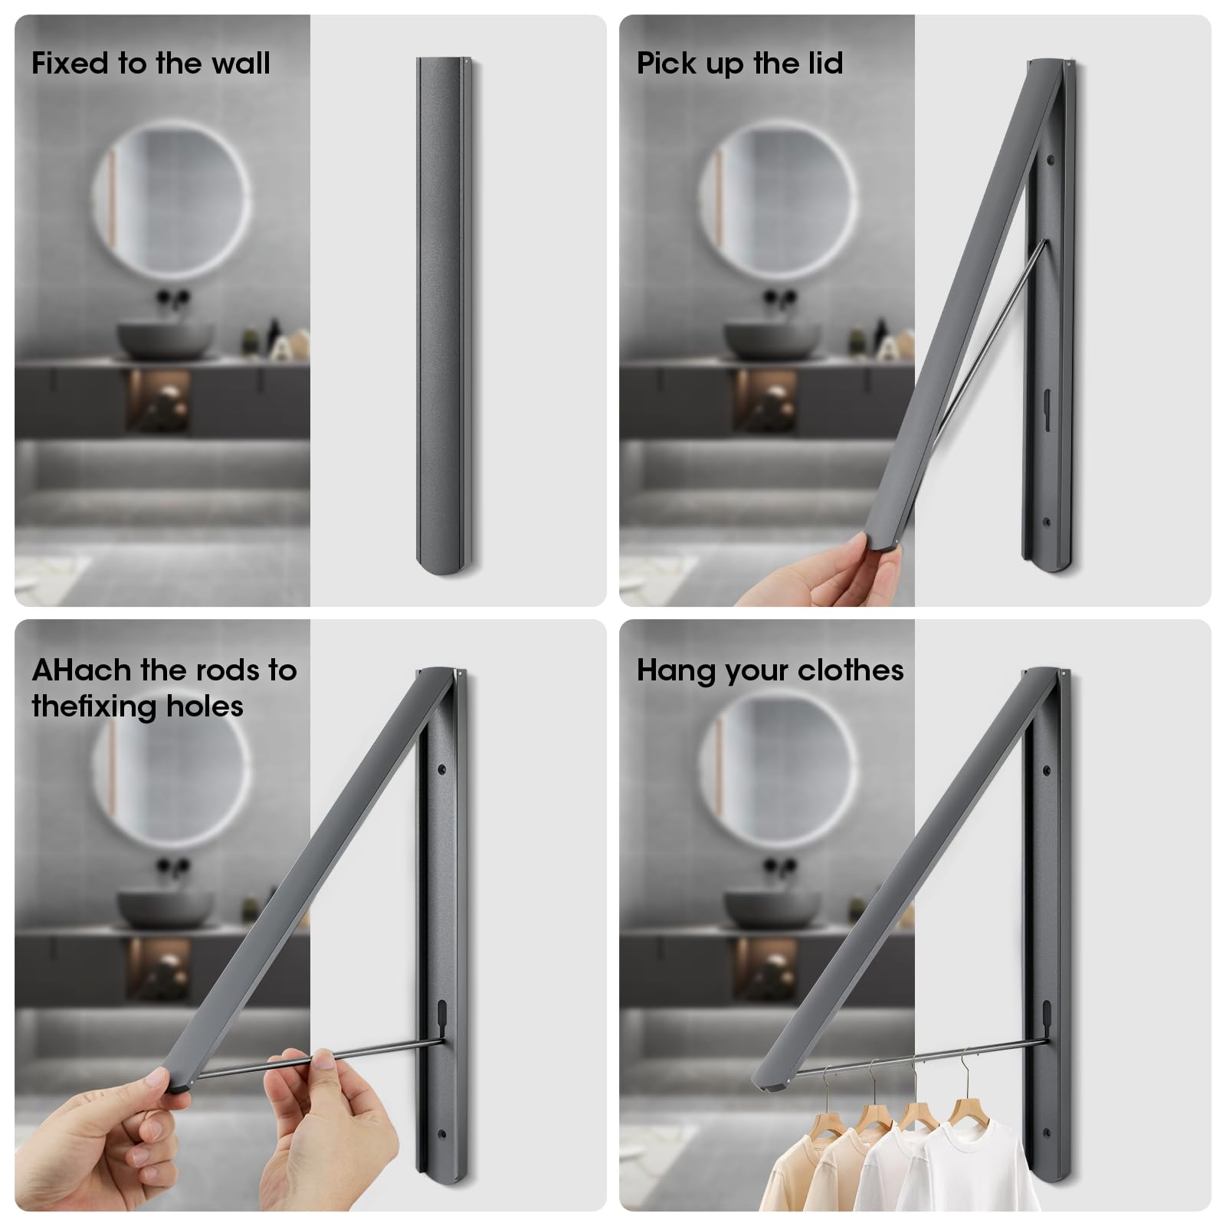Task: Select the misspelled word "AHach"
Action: (81, 670)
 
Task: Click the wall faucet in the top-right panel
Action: (779, 298)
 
